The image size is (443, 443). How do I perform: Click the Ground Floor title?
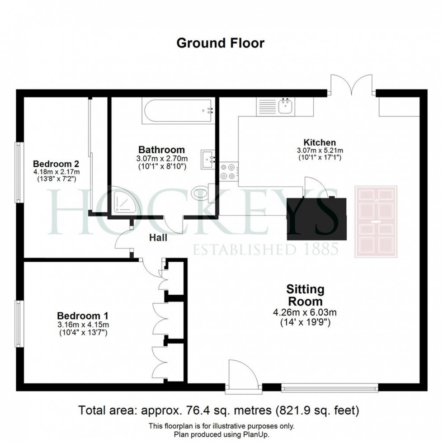(221, 43)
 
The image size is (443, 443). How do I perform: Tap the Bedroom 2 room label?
(56, 164)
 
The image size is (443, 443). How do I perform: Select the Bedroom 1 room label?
(83, 316)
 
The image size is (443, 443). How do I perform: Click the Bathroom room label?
(162, 150)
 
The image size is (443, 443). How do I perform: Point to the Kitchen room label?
(320, 142)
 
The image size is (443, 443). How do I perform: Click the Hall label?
(158, 238)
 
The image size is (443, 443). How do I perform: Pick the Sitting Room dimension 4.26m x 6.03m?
(305, 312)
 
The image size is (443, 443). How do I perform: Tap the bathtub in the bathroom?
(177, 111)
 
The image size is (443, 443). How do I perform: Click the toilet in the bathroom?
(203, 193)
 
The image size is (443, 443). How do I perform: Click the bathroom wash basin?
(208, 160)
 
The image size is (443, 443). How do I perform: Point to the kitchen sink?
(286, 107)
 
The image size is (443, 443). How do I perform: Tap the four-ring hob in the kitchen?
(228, 172)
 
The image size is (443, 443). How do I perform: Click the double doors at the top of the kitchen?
(352, 84)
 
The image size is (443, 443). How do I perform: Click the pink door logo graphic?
(376, 221)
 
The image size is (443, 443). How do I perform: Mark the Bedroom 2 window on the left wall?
(19, 172)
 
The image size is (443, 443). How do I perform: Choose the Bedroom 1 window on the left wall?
(19, 324)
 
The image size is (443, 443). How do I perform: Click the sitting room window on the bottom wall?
(330, 387)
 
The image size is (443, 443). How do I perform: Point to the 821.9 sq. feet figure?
(317, 410)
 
